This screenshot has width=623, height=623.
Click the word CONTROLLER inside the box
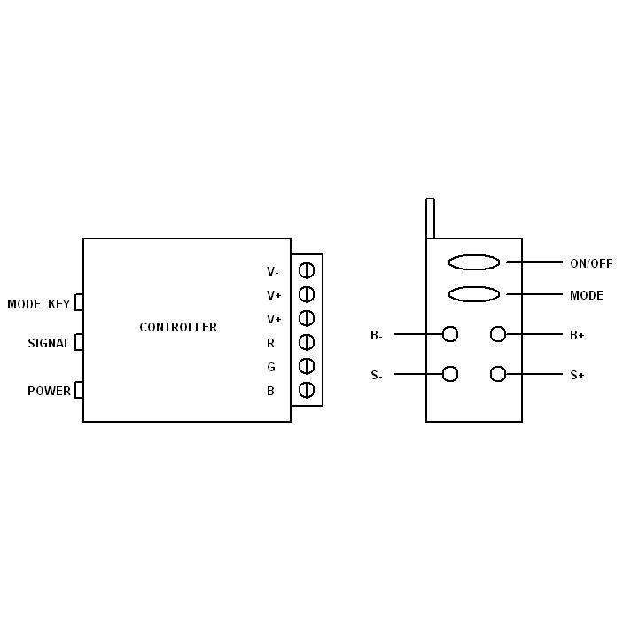178,327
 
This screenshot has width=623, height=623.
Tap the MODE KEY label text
38,304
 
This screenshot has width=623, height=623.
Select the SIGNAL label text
49,343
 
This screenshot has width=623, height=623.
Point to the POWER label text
49,391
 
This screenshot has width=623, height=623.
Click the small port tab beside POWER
79,390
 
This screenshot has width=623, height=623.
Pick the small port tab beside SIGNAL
79,342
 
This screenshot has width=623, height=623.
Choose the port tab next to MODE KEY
79,303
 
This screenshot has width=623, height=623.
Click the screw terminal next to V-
307,270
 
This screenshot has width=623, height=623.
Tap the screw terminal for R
307,342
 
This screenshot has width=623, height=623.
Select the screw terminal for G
307,366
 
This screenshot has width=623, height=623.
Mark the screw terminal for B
307,390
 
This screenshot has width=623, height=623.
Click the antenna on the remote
430,218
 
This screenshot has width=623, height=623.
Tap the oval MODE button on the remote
474,294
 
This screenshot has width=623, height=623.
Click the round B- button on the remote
450,334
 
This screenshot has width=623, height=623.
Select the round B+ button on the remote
498,334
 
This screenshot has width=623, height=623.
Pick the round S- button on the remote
450,374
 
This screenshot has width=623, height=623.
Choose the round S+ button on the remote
498,374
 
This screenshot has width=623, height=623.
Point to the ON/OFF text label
591,263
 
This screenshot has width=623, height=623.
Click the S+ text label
577,375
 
